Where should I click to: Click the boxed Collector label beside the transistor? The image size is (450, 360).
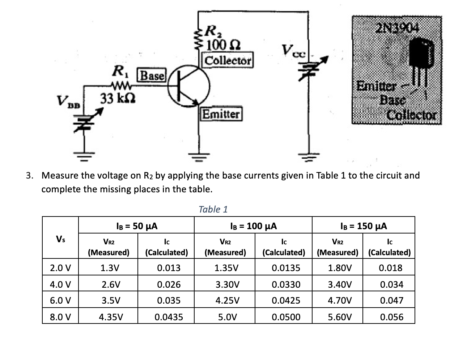228,60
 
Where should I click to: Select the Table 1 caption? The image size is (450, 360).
213,209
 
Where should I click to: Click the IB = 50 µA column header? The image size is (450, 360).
137,226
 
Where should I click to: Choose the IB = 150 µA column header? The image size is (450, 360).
364,226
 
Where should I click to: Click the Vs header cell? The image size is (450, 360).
60,239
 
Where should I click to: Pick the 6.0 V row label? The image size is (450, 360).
60,301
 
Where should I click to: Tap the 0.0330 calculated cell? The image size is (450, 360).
286,284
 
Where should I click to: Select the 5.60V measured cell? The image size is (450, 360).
339,317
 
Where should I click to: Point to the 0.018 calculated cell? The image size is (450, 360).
390,268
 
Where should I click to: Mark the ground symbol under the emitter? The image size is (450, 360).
198,156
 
